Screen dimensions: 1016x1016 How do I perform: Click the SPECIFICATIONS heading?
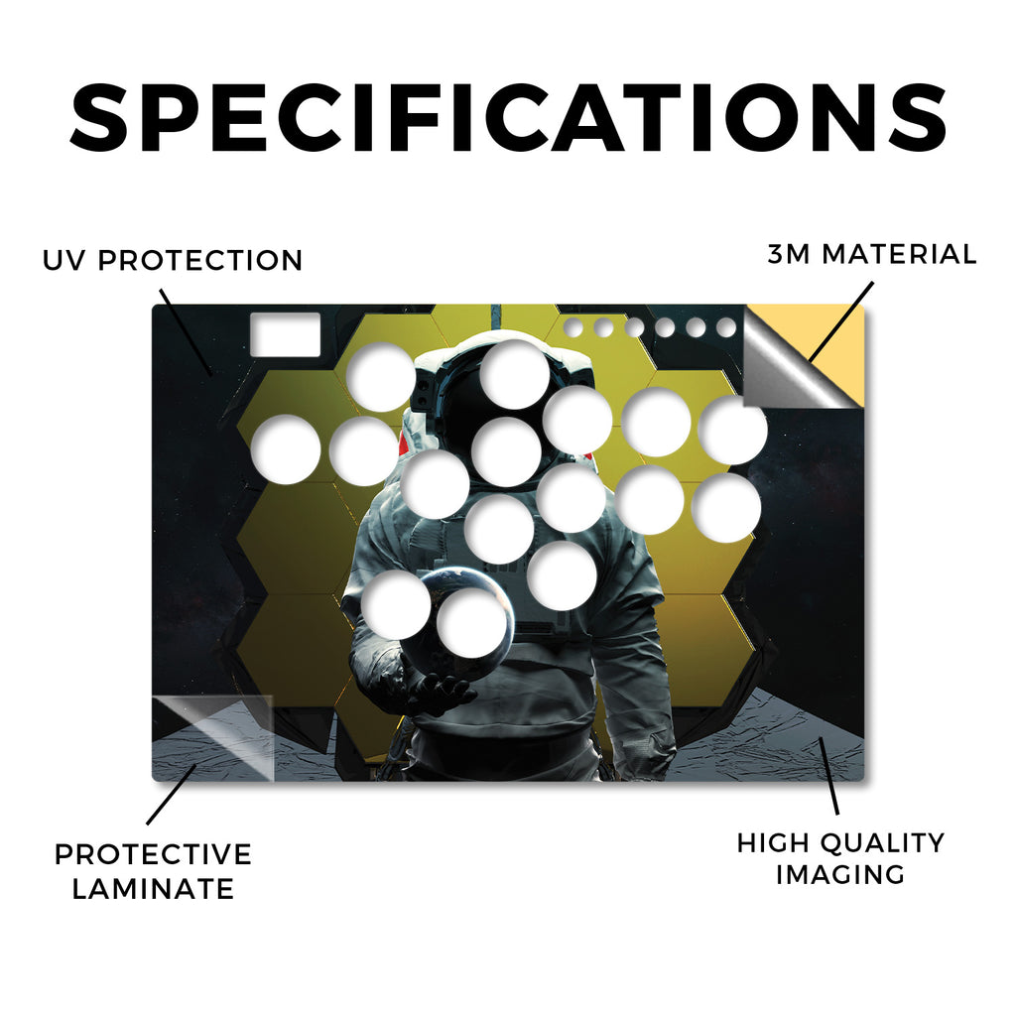pyautogui.click(x=508, y=119)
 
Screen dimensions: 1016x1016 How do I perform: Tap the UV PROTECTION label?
pyautogui.click(x=173, y=261)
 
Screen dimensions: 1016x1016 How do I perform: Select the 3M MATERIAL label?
pyautogui.click(x=871, y=254)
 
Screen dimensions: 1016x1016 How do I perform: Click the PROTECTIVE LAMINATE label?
pyautogui.click(x=153, y=871)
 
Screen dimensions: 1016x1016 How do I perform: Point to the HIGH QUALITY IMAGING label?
pyautogui.click(x=840, y=858)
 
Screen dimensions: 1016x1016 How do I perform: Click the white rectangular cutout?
pyautogui.click(x=285, y=334)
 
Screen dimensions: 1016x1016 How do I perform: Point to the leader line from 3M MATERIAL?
pyautogui.click(x=840, y=321)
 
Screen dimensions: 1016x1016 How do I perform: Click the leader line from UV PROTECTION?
pyautogui.click(x=186, y=332)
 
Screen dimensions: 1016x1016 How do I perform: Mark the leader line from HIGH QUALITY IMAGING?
pyautogui.click(x=828, y=776)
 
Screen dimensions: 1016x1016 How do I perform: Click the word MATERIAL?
pyautogui.click(x=899, y=254)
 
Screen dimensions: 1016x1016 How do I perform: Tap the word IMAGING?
pyautogui.click(x=840, y=875)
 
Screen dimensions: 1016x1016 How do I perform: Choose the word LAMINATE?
pyautogui.click(x=153, y=889)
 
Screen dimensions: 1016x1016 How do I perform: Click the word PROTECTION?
pyautogui.click(x=200, y=261)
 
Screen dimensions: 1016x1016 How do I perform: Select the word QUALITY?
pyautogui.click(x=882, y=843)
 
